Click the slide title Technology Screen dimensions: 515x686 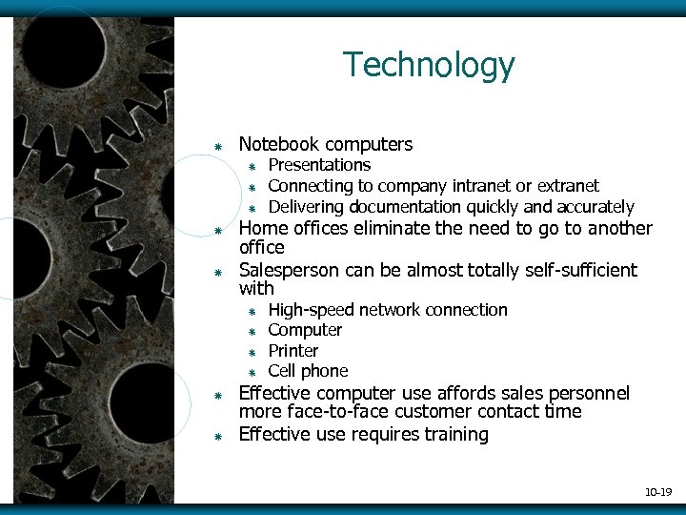[x=429, y=65]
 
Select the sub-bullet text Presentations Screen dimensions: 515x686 [x=319, y=166]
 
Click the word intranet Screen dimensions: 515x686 [x=486, y=186]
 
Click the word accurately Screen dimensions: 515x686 [x=595, y=207]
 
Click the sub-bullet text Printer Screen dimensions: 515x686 [x=293, y=351]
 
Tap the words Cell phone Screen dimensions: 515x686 [x=308, y=371]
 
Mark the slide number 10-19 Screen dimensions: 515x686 [x=657, y=492]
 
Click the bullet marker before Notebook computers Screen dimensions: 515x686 [x=217, y=146]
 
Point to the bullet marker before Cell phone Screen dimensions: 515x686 [x=253, y=372]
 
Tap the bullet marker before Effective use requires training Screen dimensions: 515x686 [x=217, y=436]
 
